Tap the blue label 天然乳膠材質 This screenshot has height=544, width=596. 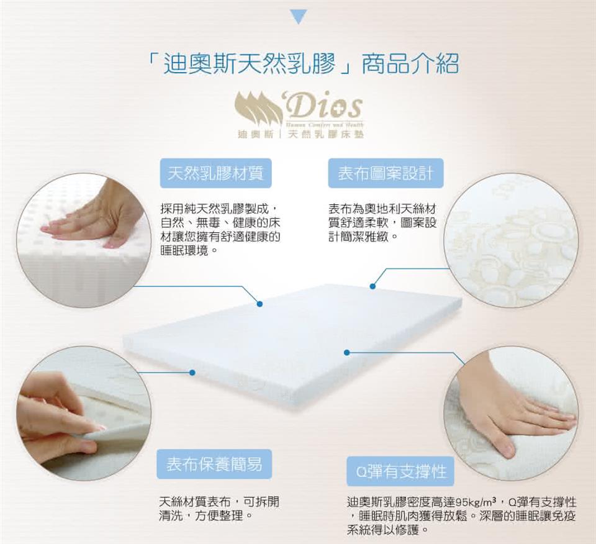click(215, 173)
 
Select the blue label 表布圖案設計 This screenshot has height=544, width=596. click(386, 173)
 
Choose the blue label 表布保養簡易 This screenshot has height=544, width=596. click(214, 464)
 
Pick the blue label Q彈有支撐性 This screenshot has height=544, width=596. click(400, 471)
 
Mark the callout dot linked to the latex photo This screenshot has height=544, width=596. click(260, 304)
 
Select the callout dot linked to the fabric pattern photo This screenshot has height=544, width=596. click(373, 286)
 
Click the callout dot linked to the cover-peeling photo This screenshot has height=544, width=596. click(192, 373)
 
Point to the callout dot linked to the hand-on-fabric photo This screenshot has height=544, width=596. click(346, 353)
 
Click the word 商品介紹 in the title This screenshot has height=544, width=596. click(410, 63)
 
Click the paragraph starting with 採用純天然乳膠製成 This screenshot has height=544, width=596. click(220, 230)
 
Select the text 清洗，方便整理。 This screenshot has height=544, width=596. click(206, 516)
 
